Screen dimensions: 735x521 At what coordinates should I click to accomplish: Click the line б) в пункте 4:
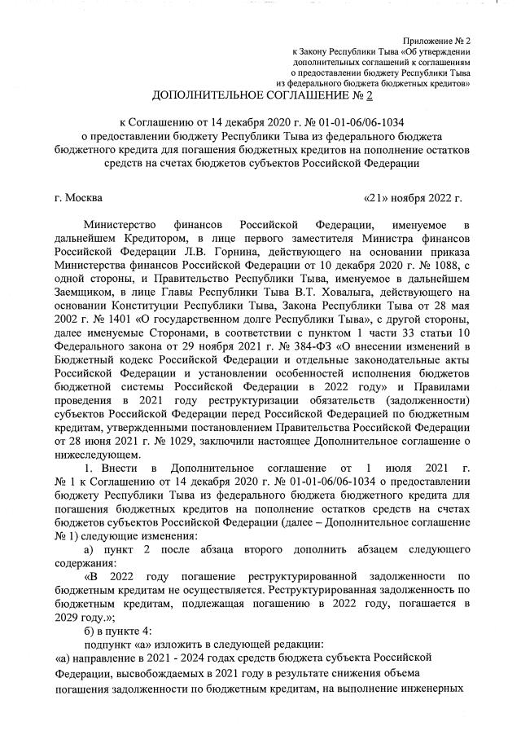[x=122, y=628]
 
